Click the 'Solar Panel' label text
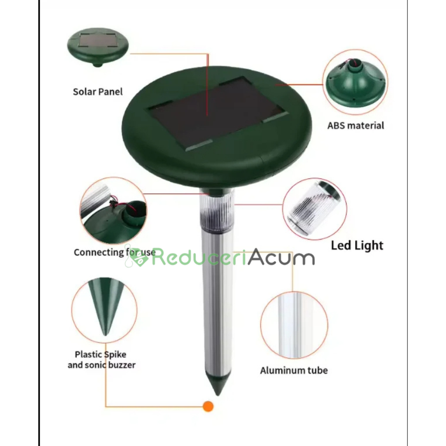[x=98, y=92]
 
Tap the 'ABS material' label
[x=356, y=126]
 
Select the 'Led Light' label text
[x=357, y=245]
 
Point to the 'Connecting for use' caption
[x=115, y=252]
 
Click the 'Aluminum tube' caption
[x=294, y=370]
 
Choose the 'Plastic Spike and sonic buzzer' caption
[x=102, y=360]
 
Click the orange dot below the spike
[x=208, y=406]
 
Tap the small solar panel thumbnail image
[x=98, y=47]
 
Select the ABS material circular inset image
[x=355, y=82]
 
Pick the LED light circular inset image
[x=315, y=209]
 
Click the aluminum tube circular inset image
[x=294, y=325]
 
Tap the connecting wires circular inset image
[x=113, y=211]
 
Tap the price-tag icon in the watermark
[x=137, y=257]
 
